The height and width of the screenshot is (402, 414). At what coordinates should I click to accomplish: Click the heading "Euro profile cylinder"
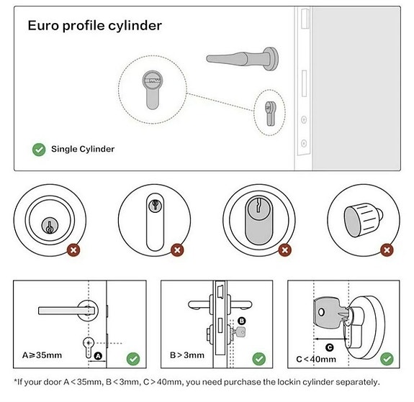pos(95,26)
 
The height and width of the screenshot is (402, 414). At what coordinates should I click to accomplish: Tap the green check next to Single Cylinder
pos(39,150)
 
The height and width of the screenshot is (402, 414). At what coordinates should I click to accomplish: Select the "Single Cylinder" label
pos(83,149)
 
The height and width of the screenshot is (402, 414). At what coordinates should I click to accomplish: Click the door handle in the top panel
pos(242,58)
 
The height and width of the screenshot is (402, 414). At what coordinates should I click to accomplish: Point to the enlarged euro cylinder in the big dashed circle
pos(153,90)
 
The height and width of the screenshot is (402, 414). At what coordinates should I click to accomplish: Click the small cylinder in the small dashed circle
pos(270,113)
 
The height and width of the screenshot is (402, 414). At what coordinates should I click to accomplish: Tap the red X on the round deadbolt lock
pos(73,250)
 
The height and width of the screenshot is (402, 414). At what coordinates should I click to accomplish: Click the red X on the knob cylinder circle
pos(387,250)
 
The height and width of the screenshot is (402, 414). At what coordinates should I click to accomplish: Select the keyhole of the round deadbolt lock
pos(50,226)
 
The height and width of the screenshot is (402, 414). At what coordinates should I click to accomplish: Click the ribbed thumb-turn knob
pos(363,220)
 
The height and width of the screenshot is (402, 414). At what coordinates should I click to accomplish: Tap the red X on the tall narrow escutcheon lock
pos(177,250)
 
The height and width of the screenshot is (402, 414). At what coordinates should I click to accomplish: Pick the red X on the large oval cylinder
pos(285,250)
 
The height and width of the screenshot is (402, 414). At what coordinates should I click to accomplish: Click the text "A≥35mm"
pos(42,355)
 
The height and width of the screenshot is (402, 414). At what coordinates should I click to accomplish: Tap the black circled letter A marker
pos(98,356)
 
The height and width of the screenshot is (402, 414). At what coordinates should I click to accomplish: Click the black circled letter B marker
pos(242,321)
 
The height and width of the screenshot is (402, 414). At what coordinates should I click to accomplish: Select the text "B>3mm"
pos(187,355)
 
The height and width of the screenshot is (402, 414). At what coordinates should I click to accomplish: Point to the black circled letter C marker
pos(329,347)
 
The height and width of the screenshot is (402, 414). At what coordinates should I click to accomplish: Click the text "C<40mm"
pos(316,360)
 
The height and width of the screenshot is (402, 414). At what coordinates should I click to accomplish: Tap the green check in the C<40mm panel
pos(387,359)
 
